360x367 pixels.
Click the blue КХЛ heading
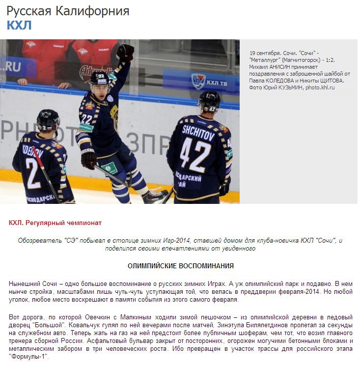pyautogui.click(x=19, y=26)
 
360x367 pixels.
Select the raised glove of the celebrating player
pyautogui.click(x=126, y=52)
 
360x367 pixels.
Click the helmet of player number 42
pyautogui.click(x=209, y=100)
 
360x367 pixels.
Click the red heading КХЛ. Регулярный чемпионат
pyautogui.click(x=55, y=223)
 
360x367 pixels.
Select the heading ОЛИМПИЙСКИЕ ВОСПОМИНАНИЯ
pyautogui.click(x=180, y=266)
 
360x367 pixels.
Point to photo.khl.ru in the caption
pyautogui.click(x=320, y=87)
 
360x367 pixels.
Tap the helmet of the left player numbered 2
pyautogui.click(x=48, y=119)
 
